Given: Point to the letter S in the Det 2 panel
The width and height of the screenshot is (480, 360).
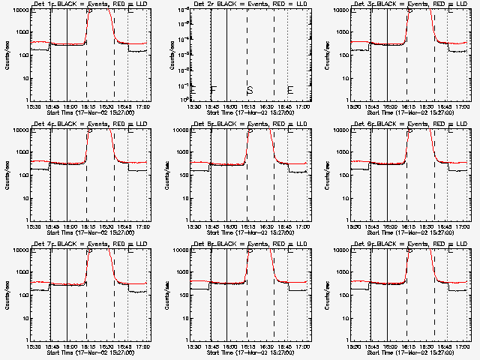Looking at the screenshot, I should point(250,91).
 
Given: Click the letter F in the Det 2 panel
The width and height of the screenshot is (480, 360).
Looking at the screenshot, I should point(214,91).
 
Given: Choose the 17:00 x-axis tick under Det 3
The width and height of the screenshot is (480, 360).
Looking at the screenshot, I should point(463,106).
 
